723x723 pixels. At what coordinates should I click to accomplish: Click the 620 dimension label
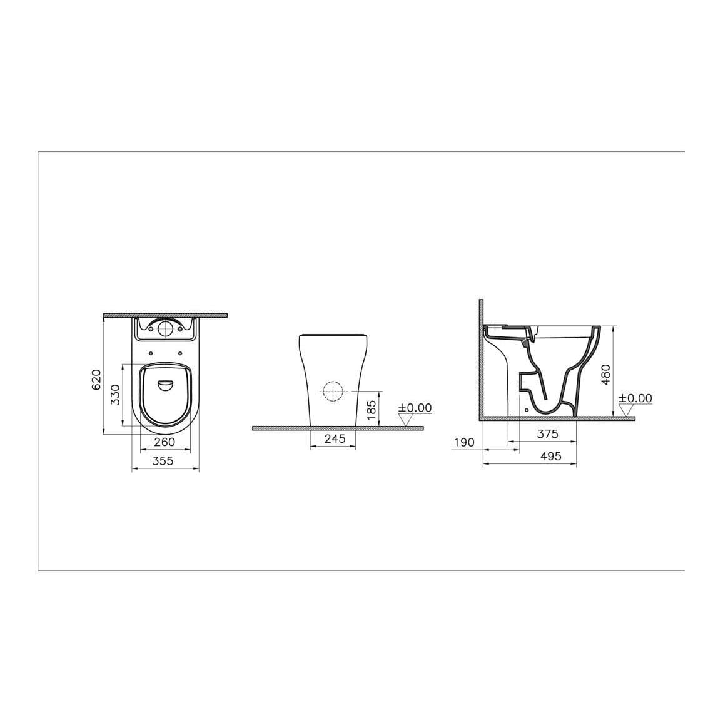click(96, 380)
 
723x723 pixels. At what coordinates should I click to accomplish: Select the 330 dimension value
click(114, 395)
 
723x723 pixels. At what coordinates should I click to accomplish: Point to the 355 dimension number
click(164, 461)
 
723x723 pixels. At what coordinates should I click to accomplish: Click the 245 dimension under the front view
click(335, 439)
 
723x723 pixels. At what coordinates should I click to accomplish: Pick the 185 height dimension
click(372, 413)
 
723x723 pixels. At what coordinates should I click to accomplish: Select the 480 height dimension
click(605, 373)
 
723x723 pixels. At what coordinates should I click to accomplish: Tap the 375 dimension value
click(547, 433)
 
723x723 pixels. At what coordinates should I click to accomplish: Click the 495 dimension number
click(550, 457)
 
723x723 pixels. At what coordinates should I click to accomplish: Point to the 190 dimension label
click(464, 442)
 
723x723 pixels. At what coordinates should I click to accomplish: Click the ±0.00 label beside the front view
click(415, 408)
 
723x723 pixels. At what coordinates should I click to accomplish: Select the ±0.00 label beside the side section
click(635, 398)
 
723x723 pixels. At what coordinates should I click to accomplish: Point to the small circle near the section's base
click(527, 410)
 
